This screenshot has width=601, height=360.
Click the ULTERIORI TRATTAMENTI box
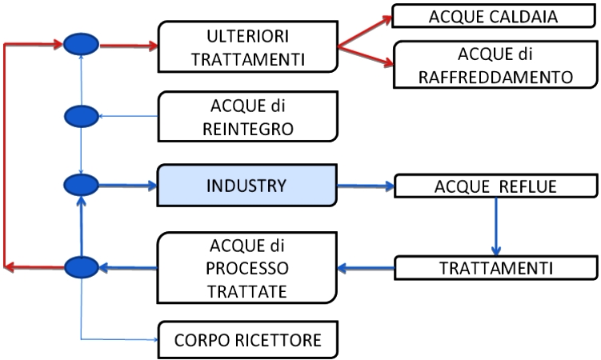(248, 46)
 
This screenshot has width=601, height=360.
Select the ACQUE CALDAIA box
(494, 16)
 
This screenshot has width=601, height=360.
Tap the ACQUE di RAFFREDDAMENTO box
(495, 65)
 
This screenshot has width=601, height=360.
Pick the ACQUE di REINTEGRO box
(248, 117)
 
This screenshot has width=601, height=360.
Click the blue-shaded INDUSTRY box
(246, 186)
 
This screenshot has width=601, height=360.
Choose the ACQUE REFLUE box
(495, 186)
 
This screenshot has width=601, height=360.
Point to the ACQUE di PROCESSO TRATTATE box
(247, 268)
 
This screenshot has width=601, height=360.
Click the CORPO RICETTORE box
(248, 340)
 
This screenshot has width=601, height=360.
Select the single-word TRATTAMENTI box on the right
(496, 268)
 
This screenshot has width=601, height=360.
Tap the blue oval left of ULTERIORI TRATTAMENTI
(82, 45)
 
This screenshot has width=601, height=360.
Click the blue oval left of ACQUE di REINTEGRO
(82, 117)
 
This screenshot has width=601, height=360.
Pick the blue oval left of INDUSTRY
(82, 186)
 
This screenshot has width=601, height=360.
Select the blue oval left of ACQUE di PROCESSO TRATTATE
(82, 267)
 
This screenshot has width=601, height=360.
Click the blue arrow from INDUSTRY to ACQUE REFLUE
(366, 186)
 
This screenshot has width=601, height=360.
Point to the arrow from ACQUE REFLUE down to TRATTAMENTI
(496, 226)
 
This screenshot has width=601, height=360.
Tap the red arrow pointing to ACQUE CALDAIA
(365, 31)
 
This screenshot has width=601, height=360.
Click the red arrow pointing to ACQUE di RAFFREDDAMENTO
(366, 56)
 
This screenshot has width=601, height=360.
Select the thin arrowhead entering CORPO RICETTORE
(155, 340)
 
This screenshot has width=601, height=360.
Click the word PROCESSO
(247, 268)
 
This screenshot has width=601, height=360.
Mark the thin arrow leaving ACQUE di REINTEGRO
(128, 116)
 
